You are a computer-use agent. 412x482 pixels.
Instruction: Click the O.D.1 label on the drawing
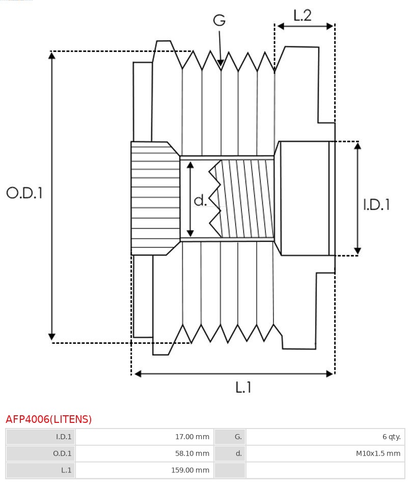point(24,193)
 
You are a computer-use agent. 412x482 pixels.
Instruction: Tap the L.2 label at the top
point(302,16)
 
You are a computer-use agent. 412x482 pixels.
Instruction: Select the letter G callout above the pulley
point(219,20)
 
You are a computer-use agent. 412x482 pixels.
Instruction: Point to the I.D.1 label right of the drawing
point(376,204)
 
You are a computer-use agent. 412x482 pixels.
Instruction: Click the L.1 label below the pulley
point(243,388)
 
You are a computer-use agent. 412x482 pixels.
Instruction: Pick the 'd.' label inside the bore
point(200,201)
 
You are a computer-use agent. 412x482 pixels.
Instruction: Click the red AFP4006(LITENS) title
point(49,419)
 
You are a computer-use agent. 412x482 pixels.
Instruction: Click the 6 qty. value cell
point(391,437)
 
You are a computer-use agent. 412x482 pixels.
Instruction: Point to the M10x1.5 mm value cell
point(378,453)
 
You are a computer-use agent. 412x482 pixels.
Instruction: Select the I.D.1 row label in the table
point(64,437)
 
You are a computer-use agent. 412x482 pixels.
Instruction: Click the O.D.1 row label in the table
point(62,453)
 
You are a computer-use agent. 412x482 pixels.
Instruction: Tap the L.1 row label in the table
point(66,470)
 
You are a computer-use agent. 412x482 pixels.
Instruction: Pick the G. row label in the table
point(238,437)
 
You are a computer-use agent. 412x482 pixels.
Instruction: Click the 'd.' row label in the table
point(238,453)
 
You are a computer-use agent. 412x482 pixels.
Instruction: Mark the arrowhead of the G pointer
point(221,63)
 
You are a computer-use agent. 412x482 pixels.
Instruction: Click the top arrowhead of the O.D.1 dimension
point(51,55)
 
